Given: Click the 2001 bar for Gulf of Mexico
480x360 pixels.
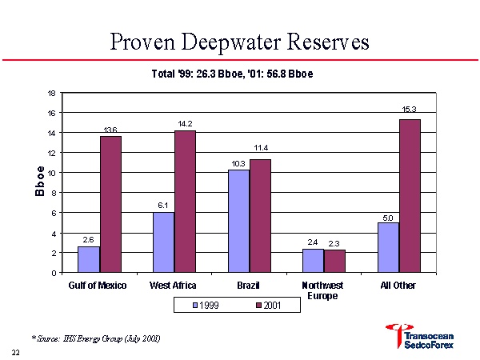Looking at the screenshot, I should (110, 204).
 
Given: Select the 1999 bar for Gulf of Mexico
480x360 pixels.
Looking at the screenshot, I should (89, 259).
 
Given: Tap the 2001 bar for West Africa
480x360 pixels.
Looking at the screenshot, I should (185, 202).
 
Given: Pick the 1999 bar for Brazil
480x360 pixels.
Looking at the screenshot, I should (238, 221).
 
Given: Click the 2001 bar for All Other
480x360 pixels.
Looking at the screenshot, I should (410, 196).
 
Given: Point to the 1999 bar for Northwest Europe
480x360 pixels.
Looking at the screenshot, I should (313, 261).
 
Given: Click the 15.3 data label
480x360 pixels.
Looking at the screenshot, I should (410, 109).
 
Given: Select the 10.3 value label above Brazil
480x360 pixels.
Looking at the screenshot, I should (238, 163).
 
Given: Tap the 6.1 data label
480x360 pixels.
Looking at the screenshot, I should (163, 206).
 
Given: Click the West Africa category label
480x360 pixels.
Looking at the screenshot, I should (174, 286).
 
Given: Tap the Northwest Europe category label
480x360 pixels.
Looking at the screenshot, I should (323, 290).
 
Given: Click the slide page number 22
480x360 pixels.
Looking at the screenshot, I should (15, 352).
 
